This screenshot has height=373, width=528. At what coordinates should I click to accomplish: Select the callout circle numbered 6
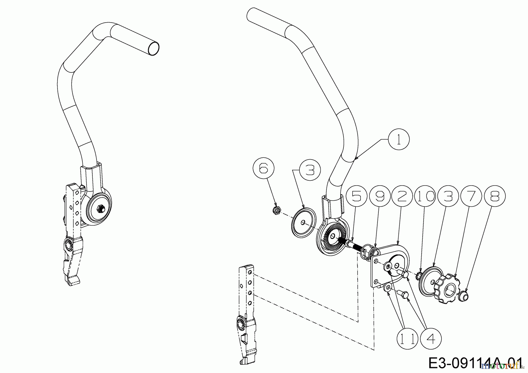tap(263, 170)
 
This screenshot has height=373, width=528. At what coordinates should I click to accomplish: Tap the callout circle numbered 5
tap(356, 196)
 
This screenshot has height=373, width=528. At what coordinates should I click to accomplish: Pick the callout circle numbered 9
tap(379, 196)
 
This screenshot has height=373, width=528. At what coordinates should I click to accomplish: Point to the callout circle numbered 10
tap(425, 196)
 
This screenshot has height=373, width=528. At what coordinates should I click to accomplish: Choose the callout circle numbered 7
tap(471, 196)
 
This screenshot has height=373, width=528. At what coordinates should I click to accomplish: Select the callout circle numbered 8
tap(495, 196)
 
